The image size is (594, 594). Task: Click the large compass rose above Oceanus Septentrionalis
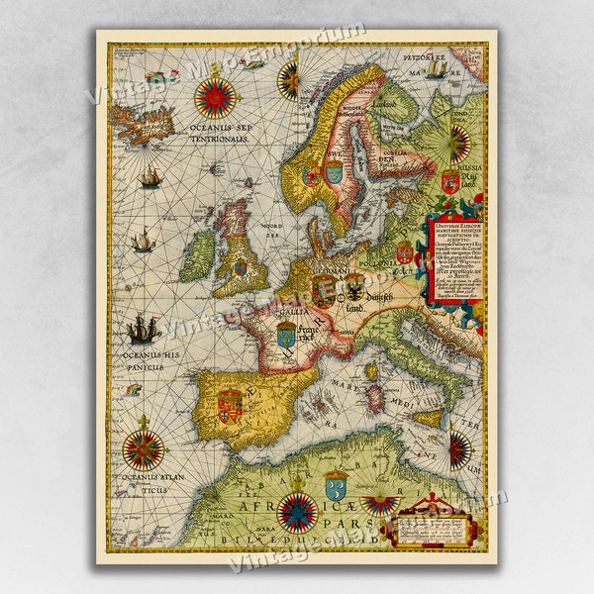pos(216,97)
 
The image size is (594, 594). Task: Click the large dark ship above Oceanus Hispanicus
pos(144,328)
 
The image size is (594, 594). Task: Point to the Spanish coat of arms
pos(230,405)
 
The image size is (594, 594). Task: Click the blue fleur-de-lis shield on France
pos(286,337)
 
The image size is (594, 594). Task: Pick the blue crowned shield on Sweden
pos(333,171)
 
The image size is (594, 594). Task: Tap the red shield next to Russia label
pos(449,182)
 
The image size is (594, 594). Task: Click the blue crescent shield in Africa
pos(336,485)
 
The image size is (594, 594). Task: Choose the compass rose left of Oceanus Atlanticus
pos(144,448)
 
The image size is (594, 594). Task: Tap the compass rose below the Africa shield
pos(297,511)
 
